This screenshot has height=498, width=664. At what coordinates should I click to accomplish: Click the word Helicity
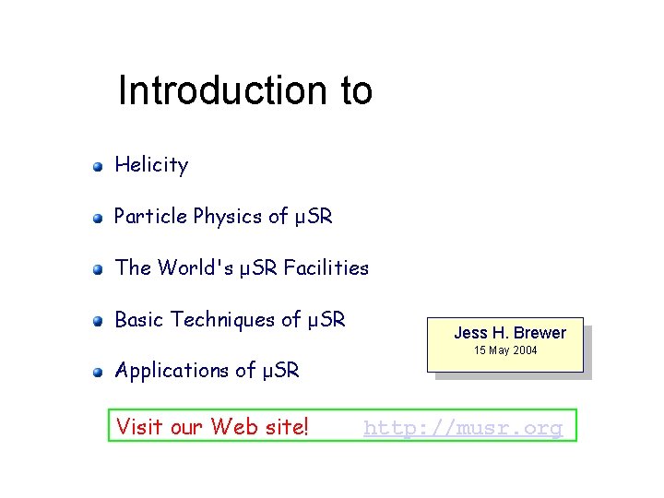click(x=151, y=165)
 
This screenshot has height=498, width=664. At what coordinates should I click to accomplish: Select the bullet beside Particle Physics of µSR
click(x=97, y=219)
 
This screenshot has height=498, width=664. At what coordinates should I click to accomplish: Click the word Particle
click(x=151, y=217)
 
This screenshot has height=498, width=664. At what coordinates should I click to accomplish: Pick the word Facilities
click(x=326, y=268)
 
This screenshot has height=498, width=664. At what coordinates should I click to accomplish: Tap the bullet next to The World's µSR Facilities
click(x=97, y=270)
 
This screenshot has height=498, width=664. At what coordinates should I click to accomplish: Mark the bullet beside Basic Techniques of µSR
click(x=97, y=322)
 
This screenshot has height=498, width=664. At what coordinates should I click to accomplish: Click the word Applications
click(x=172, y=371)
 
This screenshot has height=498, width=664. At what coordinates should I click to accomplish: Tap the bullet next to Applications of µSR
click(x=97, y=373)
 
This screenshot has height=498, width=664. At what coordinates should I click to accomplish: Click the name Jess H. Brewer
click(x=510, y=333)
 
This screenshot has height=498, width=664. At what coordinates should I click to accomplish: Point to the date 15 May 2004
click(x=505, y=350)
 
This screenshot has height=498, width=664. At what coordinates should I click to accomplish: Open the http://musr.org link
click(x=463, y=428)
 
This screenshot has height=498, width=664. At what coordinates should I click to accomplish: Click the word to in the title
click(x=355, y=90)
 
